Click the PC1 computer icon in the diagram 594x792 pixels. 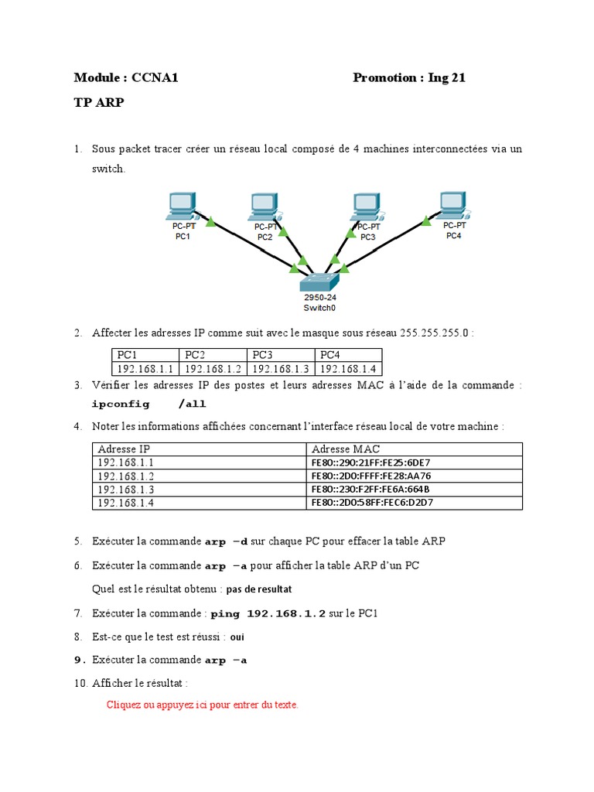182,206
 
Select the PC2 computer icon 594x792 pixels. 265,206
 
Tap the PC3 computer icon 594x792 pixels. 367,206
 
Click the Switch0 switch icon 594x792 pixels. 319,282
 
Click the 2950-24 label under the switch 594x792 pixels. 319,298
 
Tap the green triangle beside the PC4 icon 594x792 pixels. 425,221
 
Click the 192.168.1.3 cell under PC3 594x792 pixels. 281,369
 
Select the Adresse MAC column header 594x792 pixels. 346,449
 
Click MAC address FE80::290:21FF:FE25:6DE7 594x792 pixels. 370,463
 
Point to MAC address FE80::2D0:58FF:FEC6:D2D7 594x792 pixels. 371,503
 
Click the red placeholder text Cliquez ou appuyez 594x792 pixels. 202,705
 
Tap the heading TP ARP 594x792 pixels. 98,103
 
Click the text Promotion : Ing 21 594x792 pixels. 409,77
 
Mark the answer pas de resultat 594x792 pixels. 259,589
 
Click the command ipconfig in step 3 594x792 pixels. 118,404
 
